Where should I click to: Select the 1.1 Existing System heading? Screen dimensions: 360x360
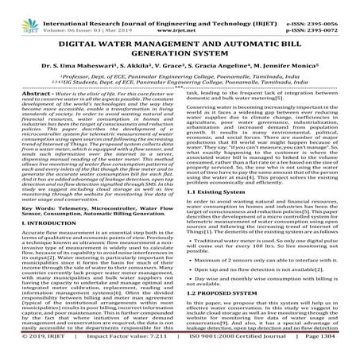216,192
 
